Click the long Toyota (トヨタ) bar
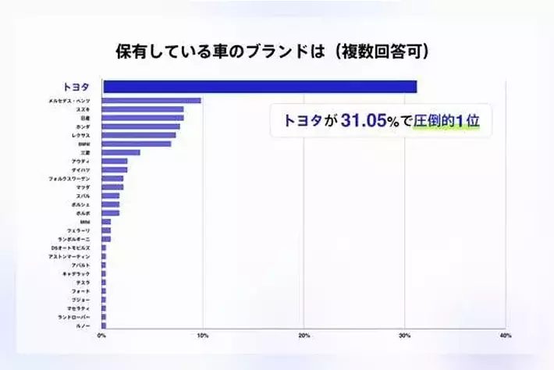pos(259,87)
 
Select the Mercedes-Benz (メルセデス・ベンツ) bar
pos(151,101)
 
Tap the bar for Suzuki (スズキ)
pos(143,109)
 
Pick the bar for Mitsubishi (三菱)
pos(121,152)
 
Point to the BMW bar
pos(137,144)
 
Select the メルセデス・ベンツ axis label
pos(69,101)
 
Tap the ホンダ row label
pos(82,126)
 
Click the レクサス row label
pos(80,135)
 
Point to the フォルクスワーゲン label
pos(69,179)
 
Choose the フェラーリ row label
pos(80,230)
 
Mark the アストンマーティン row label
pos(69,256)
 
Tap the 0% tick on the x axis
pos(101,336)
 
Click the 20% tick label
pos(304,336)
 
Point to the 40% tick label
pos(505,336)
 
